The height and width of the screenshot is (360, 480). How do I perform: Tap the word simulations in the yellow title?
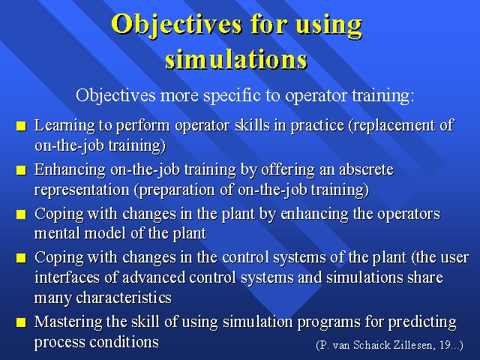click(x=236, y=59)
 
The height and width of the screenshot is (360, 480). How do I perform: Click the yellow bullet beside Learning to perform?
click(x=21, y=126)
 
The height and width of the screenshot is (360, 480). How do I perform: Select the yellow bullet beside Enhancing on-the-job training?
click(x=21, y=170)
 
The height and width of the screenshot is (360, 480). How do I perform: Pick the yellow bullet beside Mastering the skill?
click(x=21, y=322)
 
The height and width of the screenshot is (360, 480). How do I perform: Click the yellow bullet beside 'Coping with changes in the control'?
click(x=21, y=258)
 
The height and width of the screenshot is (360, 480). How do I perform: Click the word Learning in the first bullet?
click(x=64, y=126)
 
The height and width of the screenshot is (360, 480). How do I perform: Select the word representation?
click(x=82, y=190)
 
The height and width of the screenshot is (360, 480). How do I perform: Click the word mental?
click(x=57, y=233)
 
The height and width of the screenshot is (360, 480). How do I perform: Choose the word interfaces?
click(x=67, y=277)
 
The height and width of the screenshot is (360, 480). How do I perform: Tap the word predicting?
click(x=422, y=322)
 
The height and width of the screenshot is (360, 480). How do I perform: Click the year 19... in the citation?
click(x=451, y=345)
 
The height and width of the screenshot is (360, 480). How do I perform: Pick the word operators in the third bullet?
click(x=409, y=214)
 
